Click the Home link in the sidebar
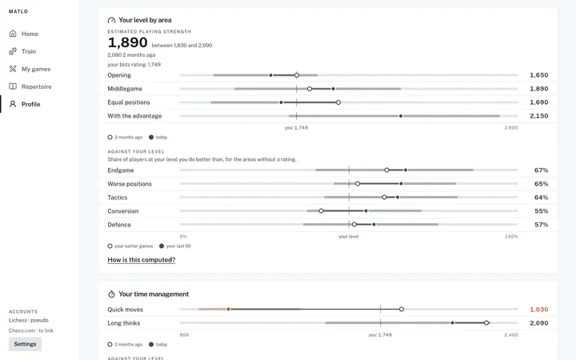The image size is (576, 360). [23, 34]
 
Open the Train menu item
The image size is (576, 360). [22, 51]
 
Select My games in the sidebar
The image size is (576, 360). [30, 69]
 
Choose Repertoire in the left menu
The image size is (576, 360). [30, 86]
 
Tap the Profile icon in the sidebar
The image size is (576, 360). [13, 104]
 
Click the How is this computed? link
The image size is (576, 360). [142, 260]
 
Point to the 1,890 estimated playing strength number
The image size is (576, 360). [127, 42]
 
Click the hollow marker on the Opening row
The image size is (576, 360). [297, 75]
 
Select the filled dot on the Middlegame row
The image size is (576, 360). [333, 89]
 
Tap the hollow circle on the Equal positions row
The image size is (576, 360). [338, 102]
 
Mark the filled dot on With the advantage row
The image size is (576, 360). [401, 116]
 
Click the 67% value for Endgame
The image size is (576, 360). [541, 170]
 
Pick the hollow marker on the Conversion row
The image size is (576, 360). [321, 211]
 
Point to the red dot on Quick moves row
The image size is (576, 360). [228, 310]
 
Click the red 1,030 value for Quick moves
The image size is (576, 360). [539, 310]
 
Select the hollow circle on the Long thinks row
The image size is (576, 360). [486, 323]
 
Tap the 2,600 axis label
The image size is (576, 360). [511, 128]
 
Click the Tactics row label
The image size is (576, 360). [118, 198]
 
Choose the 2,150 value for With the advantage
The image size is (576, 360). [539, 116]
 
